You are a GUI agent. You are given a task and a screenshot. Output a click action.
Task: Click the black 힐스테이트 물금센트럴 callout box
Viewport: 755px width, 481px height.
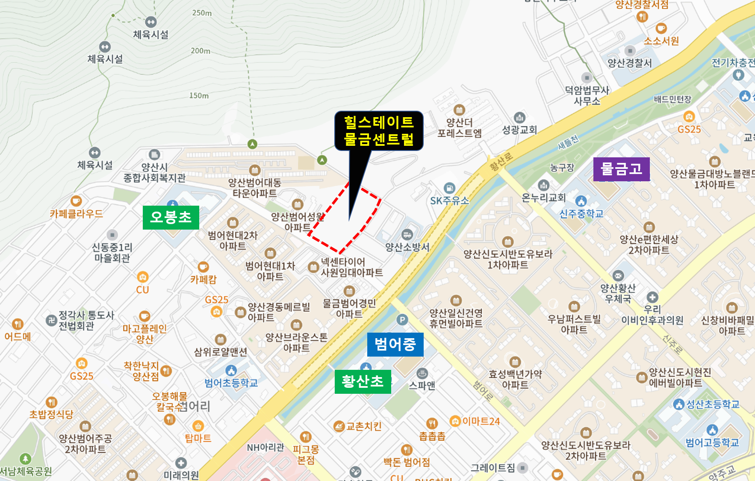tap(379, 130)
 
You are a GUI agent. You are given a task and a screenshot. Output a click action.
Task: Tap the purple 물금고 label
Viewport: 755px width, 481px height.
tap(621, 169)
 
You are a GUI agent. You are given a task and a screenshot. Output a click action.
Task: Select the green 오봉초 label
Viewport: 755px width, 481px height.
tap(171, 217)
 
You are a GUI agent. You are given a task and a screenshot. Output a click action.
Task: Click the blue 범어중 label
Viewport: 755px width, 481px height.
tap(395, 344)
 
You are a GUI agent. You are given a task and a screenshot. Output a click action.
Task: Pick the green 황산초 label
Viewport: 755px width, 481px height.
tap(363, 381)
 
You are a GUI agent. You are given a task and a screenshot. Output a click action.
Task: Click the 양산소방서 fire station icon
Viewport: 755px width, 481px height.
tap(407, 234)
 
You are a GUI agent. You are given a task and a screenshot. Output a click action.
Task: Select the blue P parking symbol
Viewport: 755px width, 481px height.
tap(402, 319)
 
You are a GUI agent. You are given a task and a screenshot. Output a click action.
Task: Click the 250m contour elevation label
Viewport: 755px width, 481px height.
tap(202, 13)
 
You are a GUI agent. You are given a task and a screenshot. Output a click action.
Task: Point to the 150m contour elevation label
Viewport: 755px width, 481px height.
tap(199, 95)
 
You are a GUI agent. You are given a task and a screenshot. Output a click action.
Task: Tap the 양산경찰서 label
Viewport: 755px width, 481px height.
tap(629, 63)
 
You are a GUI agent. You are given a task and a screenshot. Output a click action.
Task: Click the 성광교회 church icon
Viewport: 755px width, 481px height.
tap(519, 118)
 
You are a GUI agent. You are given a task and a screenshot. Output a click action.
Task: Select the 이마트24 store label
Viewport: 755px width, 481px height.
tap(481, 422)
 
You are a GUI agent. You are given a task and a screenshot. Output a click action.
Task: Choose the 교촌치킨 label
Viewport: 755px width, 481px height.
tap(363, 426)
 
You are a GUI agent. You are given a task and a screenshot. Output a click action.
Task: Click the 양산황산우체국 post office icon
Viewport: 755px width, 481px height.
tap(618, 276)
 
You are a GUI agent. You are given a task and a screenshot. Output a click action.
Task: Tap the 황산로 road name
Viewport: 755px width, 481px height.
tap(501, 162)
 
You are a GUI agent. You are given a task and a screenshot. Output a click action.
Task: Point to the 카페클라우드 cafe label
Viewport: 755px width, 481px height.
tap(76, 214)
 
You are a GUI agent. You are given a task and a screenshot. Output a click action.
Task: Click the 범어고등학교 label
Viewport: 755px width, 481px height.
tap(712, 443)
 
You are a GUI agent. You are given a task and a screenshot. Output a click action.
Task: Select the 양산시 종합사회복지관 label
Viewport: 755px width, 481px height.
tap(154, 173)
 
